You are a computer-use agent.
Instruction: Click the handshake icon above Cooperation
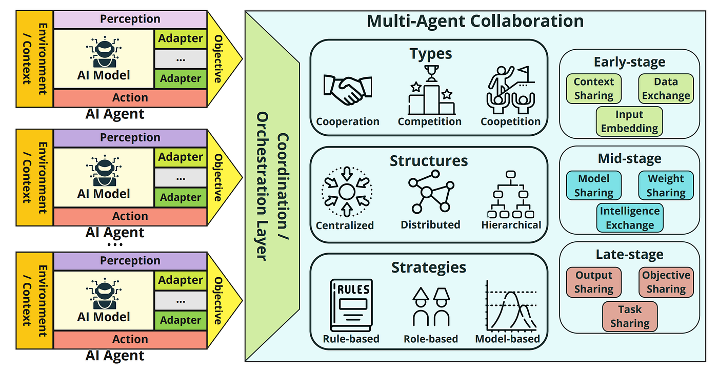pos(348,90)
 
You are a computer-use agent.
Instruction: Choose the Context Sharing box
pos(593,89)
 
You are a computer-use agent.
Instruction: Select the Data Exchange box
pos(666,89)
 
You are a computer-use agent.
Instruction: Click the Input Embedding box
pos(629,121)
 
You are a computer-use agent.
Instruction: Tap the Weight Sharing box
pos(666,185)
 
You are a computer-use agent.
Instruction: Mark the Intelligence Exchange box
pos(629,218)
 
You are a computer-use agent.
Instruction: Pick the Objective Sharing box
pos(666,282)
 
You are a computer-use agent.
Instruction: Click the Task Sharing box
pos(629,316)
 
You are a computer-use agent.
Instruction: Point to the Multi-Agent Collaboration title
pos(475,22)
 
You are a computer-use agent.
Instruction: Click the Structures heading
pos(429,161)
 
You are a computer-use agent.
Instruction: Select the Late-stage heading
pos(629,255)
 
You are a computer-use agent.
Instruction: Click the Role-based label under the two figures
pos(431,339)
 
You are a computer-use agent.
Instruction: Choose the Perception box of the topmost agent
pos(130,19)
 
